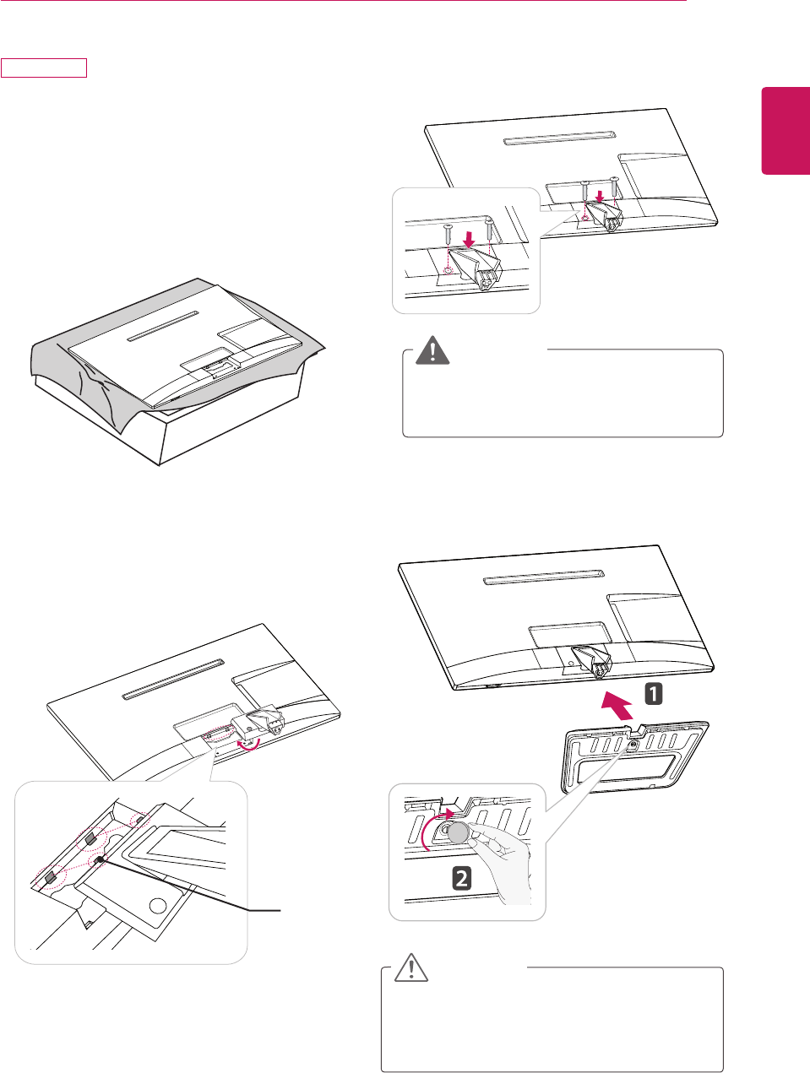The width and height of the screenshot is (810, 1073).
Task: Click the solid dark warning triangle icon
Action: point(432,350)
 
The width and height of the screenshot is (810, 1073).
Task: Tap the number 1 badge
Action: point(654,694)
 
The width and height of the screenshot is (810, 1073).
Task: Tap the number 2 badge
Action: point(461,879)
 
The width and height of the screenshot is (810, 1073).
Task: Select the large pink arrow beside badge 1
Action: point(617,706)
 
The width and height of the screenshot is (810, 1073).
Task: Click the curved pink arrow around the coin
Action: point(427,826)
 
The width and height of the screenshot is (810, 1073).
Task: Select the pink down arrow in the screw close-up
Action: point(470,239)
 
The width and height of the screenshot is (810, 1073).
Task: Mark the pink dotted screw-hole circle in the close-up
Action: point(448,270)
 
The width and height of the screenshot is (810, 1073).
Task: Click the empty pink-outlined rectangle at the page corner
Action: point(44,68)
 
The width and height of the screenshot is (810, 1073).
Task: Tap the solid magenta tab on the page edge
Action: point(786,131)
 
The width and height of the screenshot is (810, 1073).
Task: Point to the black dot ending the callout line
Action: point(100,859)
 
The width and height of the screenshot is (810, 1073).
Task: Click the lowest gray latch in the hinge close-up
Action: point(51,877)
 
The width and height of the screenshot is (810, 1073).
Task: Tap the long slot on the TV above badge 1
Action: point(544,577)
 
